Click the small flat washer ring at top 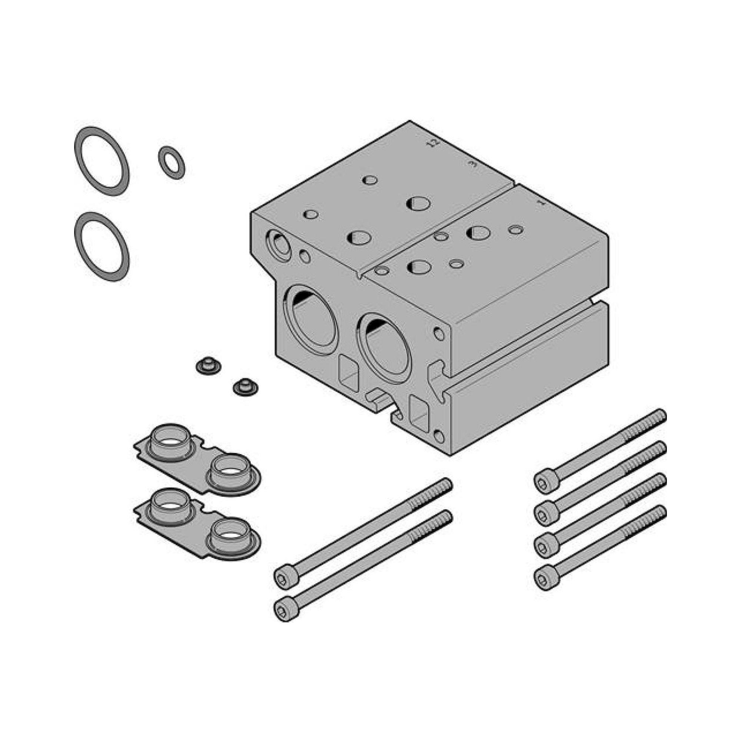tap(172, 163)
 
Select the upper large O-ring tap(102, 161)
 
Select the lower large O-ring tap(102, 247)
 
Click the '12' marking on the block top tap(433, 143)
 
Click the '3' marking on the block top tap(473, 164)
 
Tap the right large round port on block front tap(385, 349)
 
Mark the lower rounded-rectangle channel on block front tap(419, 414)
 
